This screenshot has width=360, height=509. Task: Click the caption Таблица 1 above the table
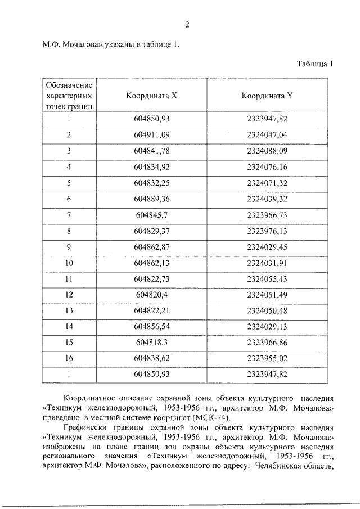pos(315,64)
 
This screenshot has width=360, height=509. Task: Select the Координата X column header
pos(152,96)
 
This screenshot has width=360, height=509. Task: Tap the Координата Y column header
pos(267,96)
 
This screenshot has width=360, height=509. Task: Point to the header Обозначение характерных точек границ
pos(69,95)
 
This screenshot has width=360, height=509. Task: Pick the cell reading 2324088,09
pos(267,151)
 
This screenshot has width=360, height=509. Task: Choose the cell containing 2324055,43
pos(267,279)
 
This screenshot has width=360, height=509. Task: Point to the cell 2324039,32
pos(267,199)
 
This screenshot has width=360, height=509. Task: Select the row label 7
pos(69,215)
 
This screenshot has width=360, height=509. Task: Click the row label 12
pos(69,295)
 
